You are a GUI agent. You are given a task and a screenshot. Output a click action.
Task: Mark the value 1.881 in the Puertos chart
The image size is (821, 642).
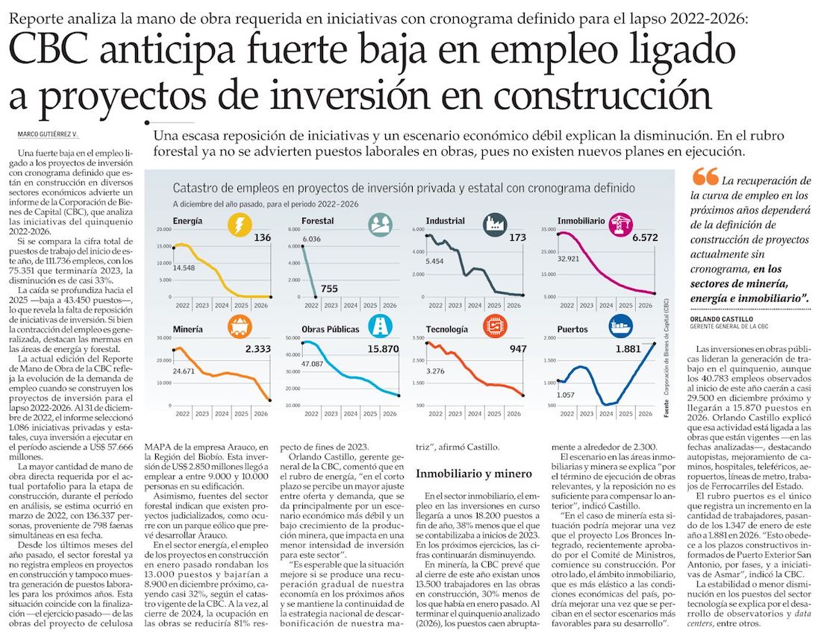pyautogui.click(x=628, y=348)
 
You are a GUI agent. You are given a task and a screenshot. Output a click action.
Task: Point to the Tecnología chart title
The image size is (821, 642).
pyautogui.click(x=447, y=329)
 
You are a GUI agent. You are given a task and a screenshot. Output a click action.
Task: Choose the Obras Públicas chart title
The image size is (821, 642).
pyautogui.click(x=331, y=329)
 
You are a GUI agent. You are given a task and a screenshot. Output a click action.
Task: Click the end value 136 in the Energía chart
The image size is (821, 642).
pyautogui.click(x=262, y=238)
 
